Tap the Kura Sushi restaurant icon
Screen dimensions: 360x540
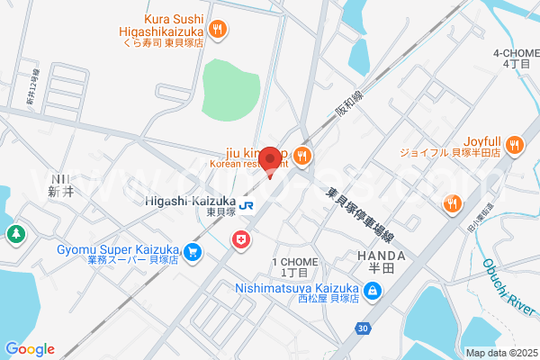tap(217, 31)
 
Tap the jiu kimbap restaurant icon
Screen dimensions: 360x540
tap(301, 157)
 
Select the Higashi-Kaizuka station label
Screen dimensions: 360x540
tap(189, 202)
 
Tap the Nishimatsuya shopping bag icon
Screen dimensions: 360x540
tap(373, 290)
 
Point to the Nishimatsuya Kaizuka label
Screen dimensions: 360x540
tap(298, 289)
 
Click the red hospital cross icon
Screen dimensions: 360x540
tap(240, 238)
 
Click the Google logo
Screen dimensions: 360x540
tap(30, 349)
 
